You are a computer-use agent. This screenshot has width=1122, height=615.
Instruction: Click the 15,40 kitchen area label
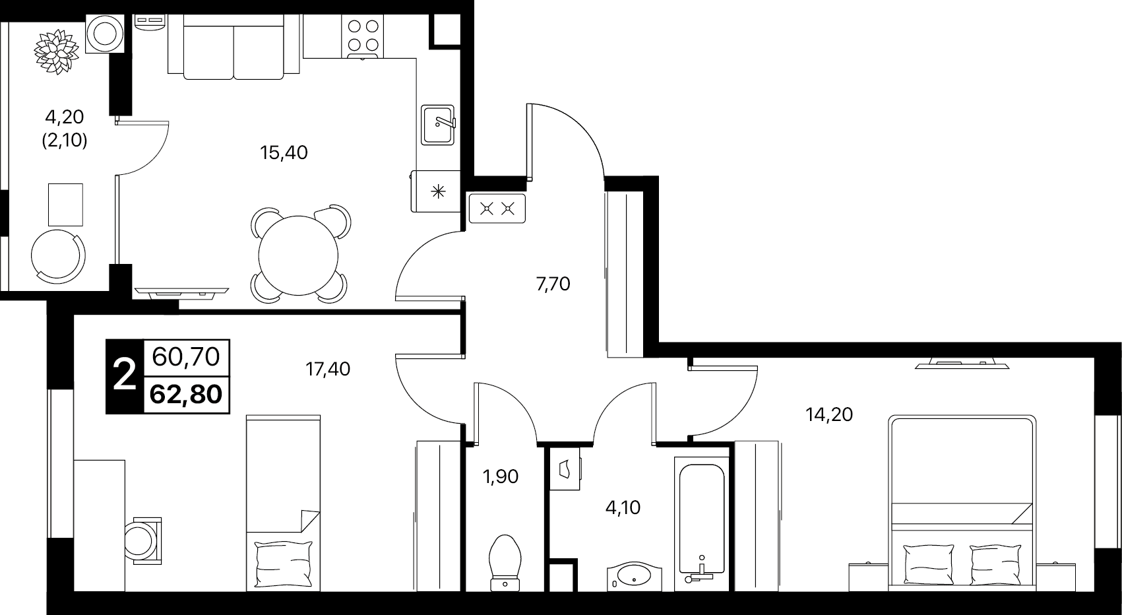284,152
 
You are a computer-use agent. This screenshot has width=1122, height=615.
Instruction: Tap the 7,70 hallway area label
553,284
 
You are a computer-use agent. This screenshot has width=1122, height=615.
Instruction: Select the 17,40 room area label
328,370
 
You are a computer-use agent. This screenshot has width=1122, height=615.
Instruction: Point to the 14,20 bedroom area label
829,414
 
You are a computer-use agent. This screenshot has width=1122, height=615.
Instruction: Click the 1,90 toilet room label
501,476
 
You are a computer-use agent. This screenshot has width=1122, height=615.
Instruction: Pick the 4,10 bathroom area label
623,507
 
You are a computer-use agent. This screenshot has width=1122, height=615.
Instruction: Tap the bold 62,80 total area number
186,395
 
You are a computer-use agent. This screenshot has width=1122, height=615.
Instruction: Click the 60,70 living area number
186,358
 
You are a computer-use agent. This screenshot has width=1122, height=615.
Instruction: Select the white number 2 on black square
125,376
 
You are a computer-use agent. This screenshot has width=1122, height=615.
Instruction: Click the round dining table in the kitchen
299,255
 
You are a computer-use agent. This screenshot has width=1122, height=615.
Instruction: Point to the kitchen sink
438,125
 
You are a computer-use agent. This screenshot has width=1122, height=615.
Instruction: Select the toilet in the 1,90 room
505,563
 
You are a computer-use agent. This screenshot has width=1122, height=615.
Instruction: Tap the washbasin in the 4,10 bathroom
634,577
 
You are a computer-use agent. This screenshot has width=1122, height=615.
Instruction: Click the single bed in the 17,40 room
284,503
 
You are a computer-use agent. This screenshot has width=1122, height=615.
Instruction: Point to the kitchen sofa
234,47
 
